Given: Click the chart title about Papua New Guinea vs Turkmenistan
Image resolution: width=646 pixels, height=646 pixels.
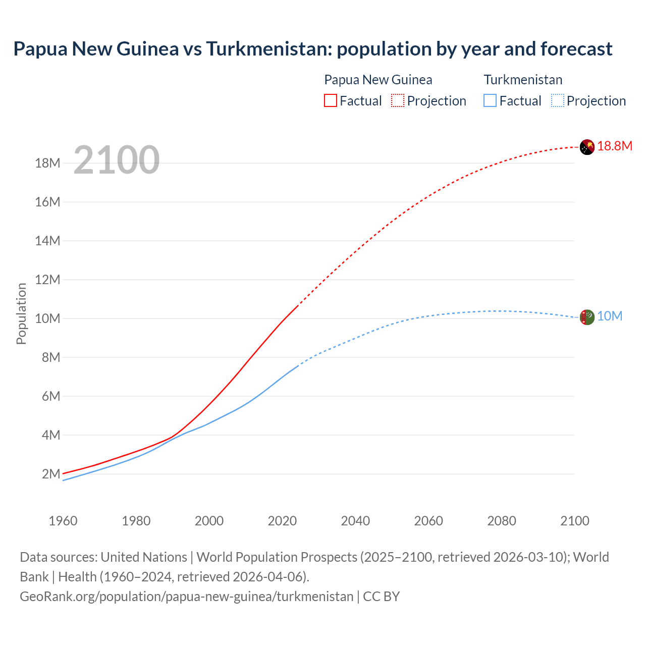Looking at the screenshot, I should point(312,49).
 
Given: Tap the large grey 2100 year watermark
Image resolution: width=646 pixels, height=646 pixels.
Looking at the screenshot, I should point(117,160).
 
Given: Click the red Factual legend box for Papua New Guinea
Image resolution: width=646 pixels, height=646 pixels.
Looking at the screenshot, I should point(330,100).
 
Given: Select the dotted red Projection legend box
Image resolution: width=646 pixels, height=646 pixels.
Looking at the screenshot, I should point(398,100).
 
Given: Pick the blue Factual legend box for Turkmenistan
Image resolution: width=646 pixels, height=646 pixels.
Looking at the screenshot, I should point(490,100).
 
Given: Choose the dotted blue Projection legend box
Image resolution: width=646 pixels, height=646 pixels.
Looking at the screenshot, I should point(558,100).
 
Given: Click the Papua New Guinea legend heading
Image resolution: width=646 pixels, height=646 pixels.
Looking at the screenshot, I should point(378,80).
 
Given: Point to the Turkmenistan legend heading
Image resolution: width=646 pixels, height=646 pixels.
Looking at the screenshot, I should point(523,80).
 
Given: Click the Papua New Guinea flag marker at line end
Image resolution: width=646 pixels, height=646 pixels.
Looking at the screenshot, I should point(587,147).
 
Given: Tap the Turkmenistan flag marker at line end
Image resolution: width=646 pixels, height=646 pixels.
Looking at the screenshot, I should point(587,317).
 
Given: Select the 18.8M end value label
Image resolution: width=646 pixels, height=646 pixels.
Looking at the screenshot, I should point(615,146).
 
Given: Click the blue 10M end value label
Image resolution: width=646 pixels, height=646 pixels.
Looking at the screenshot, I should point(610,316).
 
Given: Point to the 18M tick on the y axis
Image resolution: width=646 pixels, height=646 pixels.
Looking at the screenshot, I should point(47,163).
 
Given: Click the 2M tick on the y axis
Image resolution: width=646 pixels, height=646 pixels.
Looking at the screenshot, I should point(51,474).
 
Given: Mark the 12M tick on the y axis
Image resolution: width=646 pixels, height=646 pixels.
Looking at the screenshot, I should point(47,280).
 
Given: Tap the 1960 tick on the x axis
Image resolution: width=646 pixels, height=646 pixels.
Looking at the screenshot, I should point(63,521).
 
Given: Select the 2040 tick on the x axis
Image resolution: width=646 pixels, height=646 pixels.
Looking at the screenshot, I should point(355,521).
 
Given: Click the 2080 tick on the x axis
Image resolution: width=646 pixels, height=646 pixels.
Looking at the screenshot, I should point(502,521).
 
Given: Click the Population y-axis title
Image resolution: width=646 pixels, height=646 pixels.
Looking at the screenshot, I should point(21,313).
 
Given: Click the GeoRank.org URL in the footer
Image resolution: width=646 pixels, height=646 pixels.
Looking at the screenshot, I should point(186,597).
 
